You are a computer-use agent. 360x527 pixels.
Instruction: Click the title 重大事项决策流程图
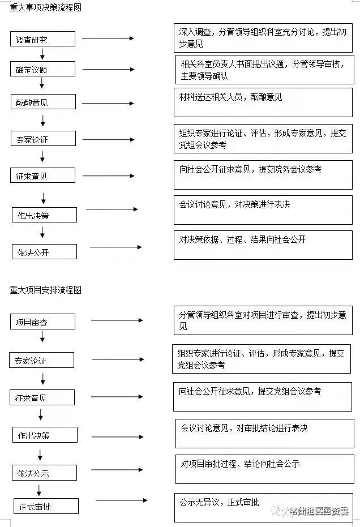coord(46,8)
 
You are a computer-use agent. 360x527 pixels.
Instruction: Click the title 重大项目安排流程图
coord(46,290)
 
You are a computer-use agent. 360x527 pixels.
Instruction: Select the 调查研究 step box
coord(43,39)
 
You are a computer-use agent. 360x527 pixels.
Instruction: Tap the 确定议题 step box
coord(43,70)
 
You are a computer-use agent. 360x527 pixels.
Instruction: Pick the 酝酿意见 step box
coord(43,102)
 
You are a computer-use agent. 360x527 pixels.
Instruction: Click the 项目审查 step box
coord(43,322)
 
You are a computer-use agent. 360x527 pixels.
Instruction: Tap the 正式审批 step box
coord(46,506)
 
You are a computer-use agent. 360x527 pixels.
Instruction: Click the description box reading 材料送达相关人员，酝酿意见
coord(263,102)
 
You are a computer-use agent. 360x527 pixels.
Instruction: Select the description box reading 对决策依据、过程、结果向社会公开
coord(263,245)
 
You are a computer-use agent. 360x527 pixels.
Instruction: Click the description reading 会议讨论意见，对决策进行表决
coord(263,210)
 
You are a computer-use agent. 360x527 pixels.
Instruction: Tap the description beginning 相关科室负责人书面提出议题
coord(263,70)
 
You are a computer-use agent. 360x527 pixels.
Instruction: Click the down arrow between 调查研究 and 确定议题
coord(42,54)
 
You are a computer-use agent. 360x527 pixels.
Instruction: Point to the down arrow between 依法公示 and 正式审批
coord(39,490)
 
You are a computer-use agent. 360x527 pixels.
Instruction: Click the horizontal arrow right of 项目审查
coord(117,320)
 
